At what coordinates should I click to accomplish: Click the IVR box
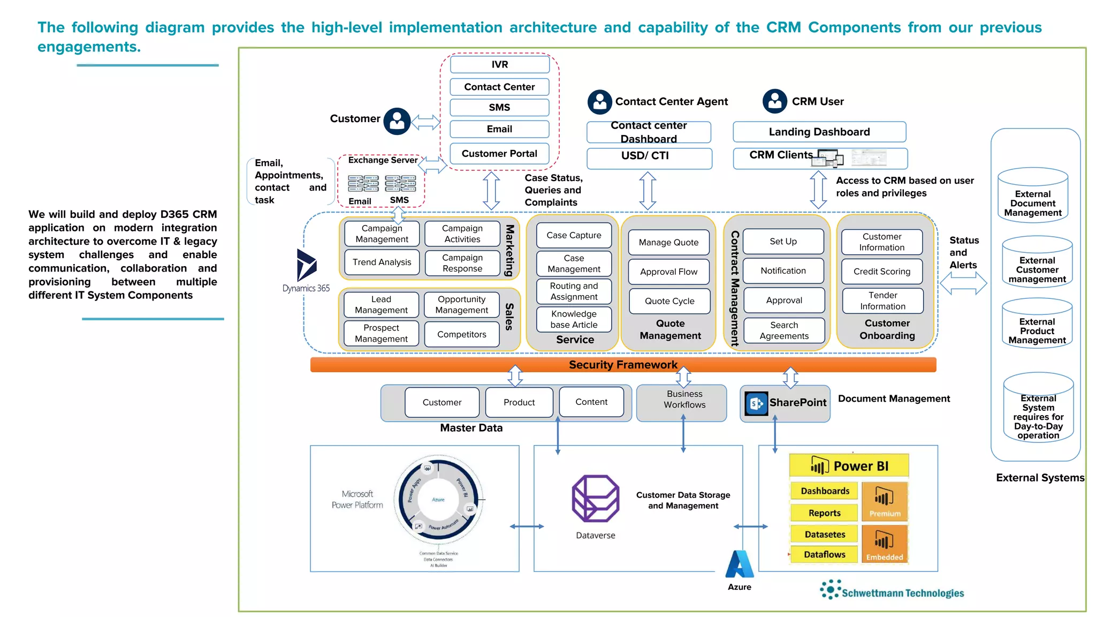pyautogui.click(x=499, y=65)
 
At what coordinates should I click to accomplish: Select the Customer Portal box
pyautogui.click(x=499, y=154)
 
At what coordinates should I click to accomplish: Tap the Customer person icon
pyautogui.click(x=397, y=121)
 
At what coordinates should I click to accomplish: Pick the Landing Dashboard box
pyautogui.click(x=819, y=132)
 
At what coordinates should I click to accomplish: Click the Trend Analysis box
pyautogui.click(x=382, y=262)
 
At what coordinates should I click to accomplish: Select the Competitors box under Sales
pyautogui.click(x=461, y=334)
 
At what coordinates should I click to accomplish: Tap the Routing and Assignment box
pyautogui.click(x=574, y=291)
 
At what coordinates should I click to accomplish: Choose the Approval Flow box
pyautogui.click(x=668, y=272)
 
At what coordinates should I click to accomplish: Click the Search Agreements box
pyautogui.click(x=783, y=330)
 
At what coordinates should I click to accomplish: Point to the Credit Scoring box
pyautogui.click(x=881, y=272)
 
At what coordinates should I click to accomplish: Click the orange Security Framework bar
pyautogui.click(x=622, y=365)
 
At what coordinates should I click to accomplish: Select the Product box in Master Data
pyautogui.click(x=519, y=402)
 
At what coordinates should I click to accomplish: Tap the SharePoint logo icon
pyautogui.click(x=757, y=403)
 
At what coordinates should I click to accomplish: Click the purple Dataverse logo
pyautogui.click(x=595, y=499)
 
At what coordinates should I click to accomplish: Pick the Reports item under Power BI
pyautogui.click(x=824, y=513)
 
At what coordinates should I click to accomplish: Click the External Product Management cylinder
pyautogui.click(x=1037, y=325)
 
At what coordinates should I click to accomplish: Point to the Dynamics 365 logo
pyautogui.click(x=307, y=265)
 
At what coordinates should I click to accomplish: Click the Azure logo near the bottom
pyautogui.click(x=740, y=565)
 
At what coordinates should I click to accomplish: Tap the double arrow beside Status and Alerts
pyautogui.click(x=963, y=283)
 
